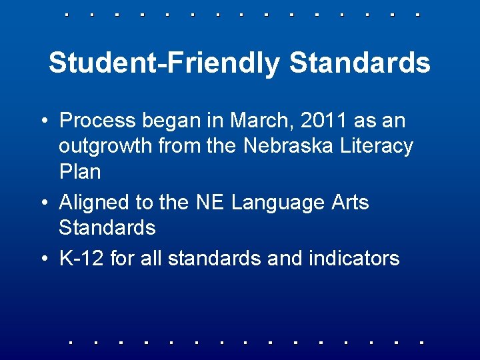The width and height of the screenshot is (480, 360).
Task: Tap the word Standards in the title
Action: pyautogui.click(x=360, y=63)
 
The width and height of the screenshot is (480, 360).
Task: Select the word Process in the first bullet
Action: pyautogui.click(x=97, y=121)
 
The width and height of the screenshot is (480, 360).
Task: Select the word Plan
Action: pyautogui.click(x=79, y=171)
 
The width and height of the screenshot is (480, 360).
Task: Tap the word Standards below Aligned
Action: pyautogui.click(x=107, y=227)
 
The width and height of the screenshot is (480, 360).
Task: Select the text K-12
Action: pyautogui.click(x=81, y=258)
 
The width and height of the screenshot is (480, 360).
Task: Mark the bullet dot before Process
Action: pyautogui.click(x=43, y=121)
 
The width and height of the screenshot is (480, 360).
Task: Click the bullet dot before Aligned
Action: pyautogui.click(x=43, y=203)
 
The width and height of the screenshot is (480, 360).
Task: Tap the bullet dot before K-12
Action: pyautogui.click(x=43, y=259)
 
